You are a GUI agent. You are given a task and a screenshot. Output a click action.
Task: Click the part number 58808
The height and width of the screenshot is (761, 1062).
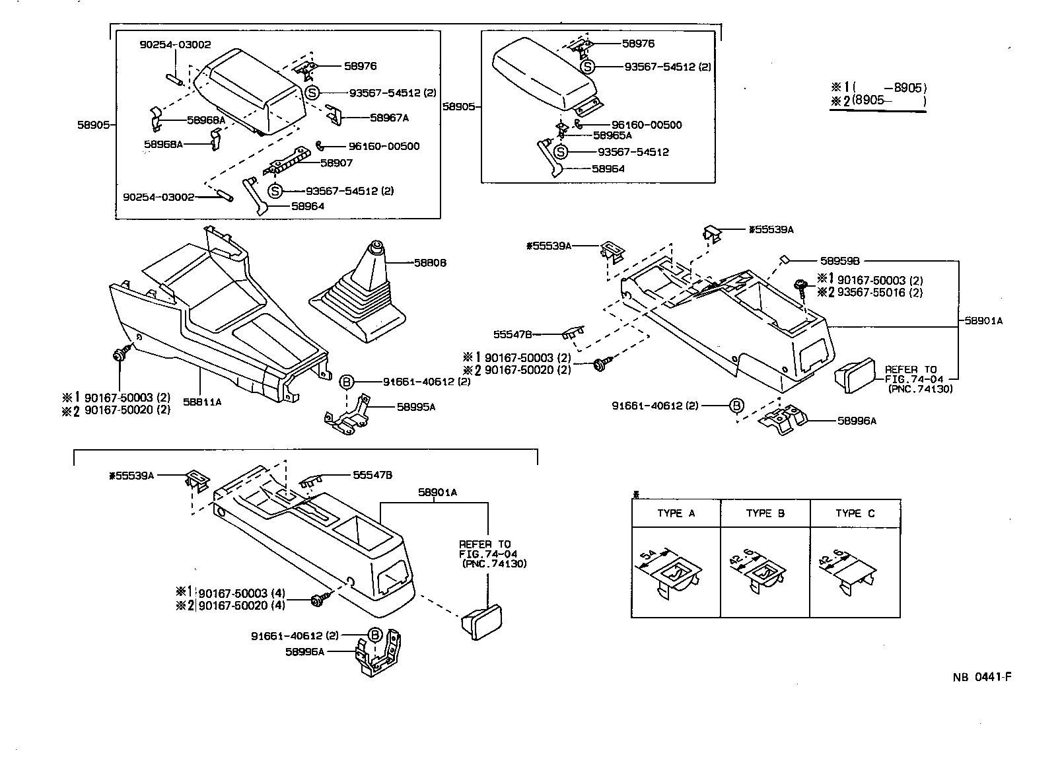430,262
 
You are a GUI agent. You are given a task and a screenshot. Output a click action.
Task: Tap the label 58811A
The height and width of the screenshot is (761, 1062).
202,402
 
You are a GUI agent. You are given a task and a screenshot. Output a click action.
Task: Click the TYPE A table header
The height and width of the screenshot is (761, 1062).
676,513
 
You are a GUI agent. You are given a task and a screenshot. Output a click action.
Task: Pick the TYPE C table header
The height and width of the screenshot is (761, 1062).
855,513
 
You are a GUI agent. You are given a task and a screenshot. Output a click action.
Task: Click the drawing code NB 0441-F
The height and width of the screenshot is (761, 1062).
982,677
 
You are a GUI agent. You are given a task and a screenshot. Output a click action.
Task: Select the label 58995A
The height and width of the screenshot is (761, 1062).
416,407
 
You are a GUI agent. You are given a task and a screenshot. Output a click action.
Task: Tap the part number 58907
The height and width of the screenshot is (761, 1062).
336,163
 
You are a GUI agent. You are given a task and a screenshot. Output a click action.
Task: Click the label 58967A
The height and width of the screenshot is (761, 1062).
389,118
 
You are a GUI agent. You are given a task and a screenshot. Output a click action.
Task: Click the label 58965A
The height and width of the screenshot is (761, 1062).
612,135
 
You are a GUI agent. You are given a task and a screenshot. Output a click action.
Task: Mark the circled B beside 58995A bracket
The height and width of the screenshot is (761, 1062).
347,382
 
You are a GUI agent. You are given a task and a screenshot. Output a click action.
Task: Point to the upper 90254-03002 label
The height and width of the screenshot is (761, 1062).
175,44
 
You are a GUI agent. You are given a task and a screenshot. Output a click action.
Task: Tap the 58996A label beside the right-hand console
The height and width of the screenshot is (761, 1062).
857,421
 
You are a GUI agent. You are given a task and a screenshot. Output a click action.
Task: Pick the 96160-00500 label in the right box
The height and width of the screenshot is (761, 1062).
646,125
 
